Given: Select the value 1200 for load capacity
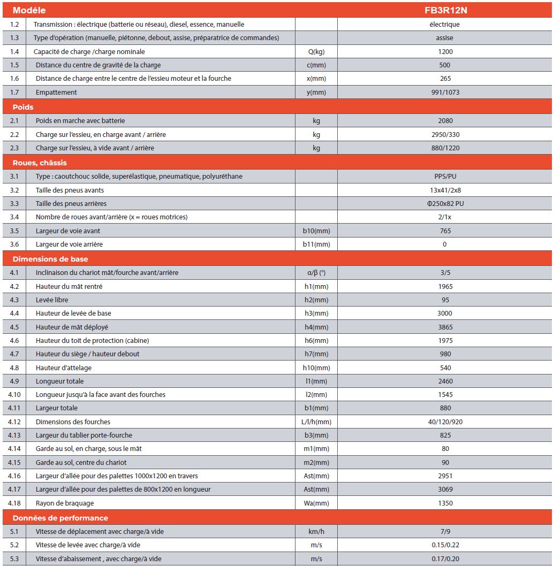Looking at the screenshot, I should click(x=445, y=51).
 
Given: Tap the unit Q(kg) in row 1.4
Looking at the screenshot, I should click(x=316, y=51).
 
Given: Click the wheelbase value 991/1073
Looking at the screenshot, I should click(x=445, y=92).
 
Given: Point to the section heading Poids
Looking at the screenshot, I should click(x=23, y=106).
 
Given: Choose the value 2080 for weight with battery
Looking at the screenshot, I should click(x=445, y=120).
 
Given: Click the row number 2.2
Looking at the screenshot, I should click(x=14, y=134).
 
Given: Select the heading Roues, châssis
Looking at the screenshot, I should click(x=40, y=162).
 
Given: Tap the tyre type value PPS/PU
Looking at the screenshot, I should click(x=445, y=176).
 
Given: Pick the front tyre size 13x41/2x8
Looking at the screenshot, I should click(x=445, y=190).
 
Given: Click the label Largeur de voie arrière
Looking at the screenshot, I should click(x=69, y=244).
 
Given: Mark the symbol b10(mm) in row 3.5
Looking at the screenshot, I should click(x=316, y=231).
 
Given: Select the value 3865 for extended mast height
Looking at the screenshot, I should click(x=445, y=327).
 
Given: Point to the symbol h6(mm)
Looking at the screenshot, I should click(x=316, y=340).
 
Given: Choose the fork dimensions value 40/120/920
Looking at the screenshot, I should click(x=445, y=422).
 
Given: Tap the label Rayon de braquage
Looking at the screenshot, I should click(x=65, y=503).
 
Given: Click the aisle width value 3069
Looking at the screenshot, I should click(x=445, y=489).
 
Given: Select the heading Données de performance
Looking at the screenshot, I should click(x=60, y=517).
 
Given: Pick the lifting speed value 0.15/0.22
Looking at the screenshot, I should click(x=445, y=545).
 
